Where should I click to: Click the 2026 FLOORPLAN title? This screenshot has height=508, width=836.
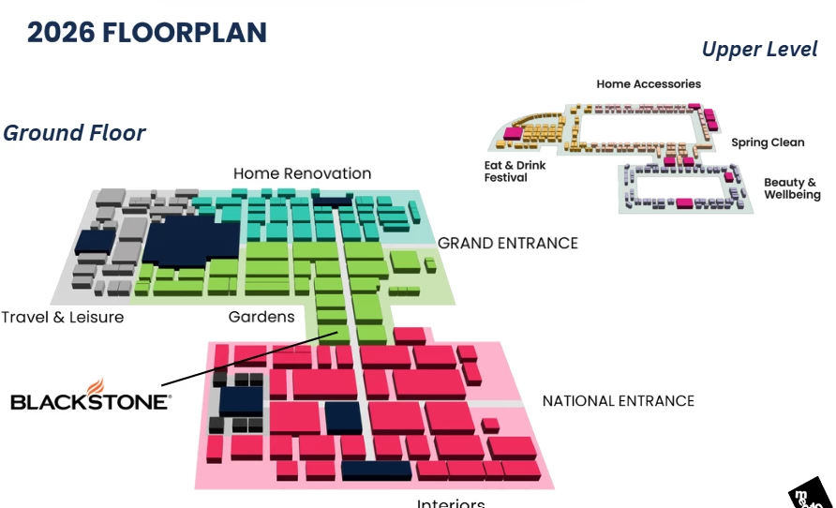click(147, 32)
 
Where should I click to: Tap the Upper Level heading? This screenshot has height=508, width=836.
click(759, 50)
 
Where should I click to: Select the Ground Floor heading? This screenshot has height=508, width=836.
click(74, 133)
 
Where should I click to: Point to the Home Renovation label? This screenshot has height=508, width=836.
click(302, 173)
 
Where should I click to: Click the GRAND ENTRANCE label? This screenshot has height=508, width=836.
click(508, 244)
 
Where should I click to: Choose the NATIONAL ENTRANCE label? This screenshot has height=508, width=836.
click(618, 401)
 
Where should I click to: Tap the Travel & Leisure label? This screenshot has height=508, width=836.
click(62, 317)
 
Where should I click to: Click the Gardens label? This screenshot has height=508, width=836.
click(261, 317)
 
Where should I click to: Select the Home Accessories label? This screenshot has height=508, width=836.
click(649, 84)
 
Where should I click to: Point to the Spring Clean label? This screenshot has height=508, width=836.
click(768, 142)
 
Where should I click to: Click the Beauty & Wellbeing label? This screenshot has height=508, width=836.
click(792, 188)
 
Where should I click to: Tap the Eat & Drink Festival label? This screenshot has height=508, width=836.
click(506, 171)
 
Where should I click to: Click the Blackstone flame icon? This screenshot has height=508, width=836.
click(95, 386)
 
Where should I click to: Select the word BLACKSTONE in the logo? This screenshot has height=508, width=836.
click(90, 402)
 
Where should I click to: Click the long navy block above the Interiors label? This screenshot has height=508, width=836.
click(376, 470)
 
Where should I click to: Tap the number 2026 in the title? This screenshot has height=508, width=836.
click(59, 32)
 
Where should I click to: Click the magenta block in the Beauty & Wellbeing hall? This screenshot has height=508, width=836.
click(684, 202)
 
